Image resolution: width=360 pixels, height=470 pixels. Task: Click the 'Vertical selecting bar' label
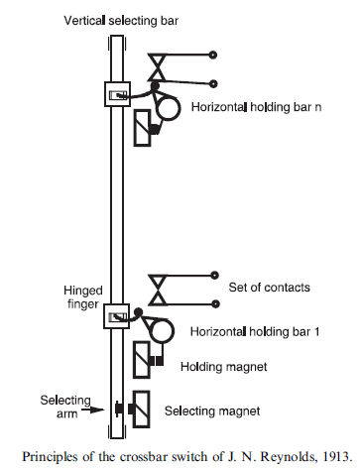coord(121,21)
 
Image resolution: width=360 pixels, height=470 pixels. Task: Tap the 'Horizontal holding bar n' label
coord(256,107)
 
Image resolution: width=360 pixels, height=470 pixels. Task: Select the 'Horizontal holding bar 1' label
coord(255,331)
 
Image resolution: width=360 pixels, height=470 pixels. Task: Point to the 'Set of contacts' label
coord(269,288)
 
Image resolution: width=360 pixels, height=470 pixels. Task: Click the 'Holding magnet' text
coord(224,367)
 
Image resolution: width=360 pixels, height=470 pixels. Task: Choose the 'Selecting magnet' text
coord(212,411)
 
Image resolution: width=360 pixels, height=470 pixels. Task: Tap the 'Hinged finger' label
coord(83,297)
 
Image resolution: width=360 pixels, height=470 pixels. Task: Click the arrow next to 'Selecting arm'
coord(93,410)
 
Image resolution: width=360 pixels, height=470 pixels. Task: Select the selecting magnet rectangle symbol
coord(141,410)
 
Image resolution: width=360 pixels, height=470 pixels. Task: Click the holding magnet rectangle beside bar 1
coord(142,360)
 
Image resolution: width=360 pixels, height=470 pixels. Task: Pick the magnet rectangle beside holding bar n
coord(143,128)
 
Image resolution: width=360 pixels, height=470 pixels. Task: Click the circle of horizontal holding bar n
coord(169,108)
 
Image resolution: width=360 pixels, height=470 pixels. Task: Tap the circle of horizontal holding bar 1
coord(162,331)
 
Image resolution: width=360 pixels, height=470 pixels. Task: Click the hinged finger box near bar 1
coord(117,316)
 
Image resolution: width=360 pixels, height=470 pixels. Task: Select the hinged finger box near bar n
coord(118,94)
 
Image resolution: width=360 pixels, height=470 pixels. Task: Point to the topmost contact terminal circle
coord(213,55)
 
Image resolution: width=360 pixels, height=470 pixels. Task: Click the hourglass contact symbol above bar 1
coord(158,290)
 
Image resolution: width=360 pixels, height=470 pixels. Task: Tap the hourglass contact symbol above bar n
coord(157,67)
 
